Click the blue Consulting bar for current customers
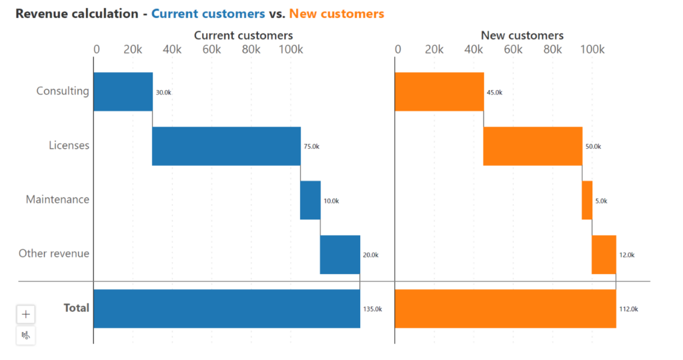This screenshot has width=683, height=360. click(123, 91)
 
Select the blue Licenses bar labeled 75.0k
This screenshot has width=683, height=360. click(226, 146)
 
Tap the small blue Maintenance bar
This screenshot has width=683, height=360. click(310, 200)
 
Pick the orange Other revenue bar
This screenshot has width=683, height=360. click(604, 255)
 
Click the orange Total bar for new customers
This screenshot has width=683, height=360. click(505, 309)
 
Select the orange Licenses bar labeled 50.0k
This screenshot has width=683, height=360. click(532, 146)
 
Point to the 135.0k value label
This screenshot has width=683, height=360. click(372, 309)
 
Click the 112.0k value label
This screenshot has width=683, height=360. click(628, 309)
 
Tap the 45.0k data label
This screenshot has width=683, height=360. click(494, 93)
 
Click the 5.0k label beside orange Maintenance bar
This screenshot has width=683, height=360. click(601, 201)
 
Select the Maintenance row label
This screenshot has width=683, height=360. click(57, 199)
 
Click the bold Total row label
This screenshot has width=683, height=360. click(76, 308)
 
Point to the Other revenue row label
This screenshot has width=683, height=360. click(54, 253)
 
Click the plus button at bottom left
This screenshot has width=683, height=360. click(26, 314)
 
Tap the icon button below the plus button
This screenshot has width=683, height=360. click(26, 335)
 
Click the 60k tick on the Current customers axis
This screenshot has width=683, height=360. click(211, 50)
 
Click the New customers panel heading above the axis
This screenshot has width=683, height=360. click(522, 35)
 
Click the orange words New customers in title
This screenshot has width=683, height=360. click(336, 13)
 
